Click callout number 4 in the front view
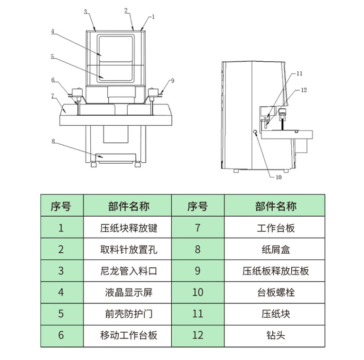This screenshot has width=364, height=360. click(53, 31)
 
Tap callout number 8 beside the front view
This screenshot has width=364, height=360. click(53, 141)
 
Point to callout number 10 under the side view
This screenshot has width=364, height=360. click(279, 177)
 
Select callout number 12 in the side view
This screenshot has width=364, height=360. click(304, 90)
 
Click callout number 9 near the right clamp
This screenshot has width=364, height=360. click(172, 81)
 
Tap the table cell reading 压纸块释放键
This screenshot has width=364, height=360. click(129, 228)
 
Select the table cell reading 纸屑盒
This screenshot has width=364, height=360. click(276, 250)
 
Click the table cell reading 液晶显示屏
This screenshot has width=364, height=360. click(129, 292)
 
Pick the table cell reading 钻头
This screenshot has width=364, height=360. click(276, 335)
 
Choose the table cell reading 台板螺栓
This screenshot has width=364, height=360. click(276, 292)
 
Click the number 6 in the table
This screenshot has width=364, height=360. click(61, 335)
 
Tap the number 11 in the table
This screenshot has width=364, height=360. click(198, 314)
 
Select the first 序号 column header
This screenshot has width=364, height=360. click(61, 206)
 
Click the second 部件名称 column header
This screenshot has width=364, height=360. click(276, 206)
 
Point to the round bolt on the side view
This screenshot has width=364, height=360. click(255, 132)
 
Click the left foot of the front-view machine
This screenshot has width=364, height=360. click(94, 165)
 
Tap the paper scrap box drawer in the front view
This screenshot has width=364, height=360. click(116, 158)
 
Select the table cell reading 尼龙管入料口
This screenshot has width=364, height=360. click(129, 271)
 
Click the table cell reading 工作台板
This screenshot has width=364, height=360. click(276, 228)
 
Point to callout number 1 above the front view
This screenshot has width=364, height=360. click(153, 17)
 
